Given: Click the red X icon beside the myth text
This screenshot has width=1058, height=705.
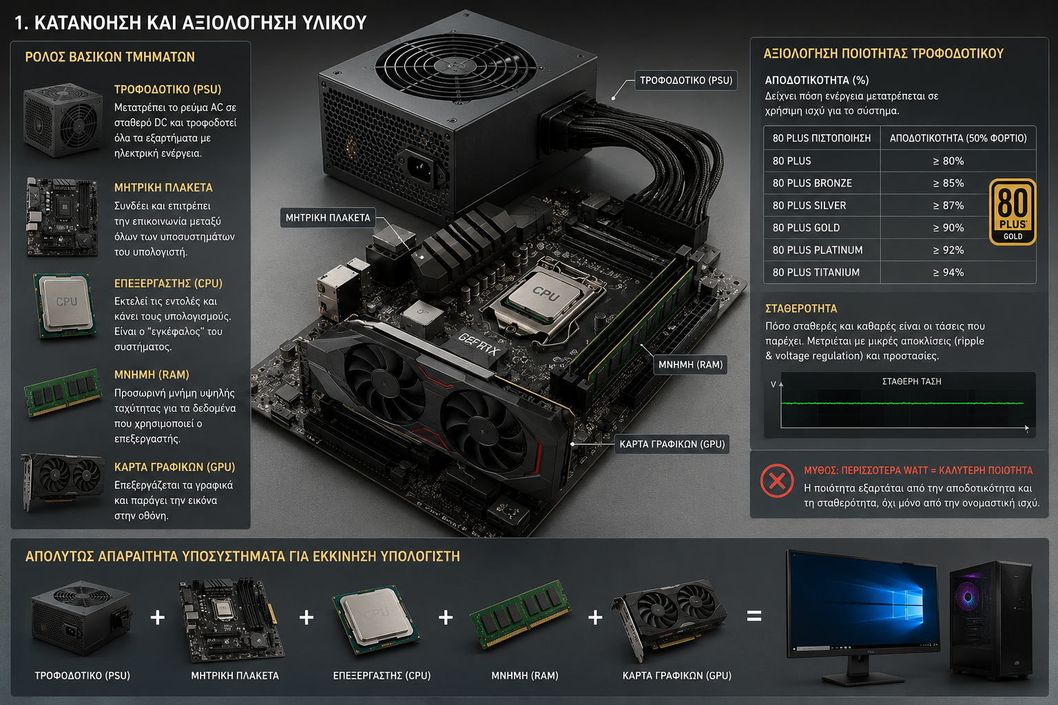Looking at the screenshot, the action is point(777,481).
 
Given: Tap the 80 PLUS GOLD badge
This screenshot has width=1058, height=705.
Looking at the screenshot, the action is point(1012,211).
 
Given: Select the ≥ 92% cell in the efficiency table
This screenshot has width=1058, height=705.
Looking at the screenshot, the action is point(948,250).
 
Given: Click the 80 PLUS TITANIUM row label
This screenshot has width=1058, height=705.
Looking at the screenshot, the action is point(816,273).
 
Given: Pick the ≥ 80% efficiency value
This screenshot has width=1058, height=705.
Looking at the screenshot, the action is point(948,161).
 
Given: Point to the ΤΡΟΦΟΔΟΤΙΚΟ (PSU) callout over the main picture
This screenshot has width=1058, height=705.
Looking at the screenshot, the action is point(686,81).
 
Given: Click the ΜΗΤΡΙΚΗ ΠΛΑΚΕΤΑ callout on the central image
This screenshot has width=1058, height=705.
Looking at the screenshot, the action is point(328,218).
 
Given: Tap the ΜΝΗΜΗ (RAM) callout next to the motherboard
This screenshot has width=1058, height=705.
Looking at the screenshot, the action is point(691,364).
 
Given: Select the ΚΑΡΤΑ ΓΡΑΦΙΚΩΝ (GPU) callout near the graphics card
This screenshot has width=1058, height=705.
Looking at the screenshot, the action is point(672,444).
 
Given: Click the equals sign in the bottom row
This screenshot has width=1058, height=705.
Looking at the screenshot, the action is point(754,616).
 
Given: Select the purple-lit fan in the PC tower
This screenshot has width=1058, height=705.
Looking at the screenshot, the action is point(967,598).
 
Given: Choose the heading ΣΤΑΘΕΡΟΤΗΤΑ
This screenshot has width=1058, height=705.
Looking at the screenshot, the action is point(801,308).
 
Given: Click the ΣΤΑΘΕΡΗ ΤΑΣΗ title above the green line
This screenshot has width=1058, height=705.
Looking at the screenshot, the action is point(911,381).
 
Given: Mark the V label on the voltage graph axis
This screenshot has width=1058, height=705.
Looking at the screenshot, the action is point(774,384).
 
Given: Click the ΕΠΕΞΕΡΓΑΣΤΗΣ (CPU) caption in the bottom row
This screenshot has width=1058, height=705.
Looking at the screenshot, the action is point(382,675).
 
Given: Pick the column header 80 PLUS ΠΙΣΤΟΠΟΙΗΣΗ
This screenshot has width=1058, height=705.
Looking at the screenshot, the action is point(821,138).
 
